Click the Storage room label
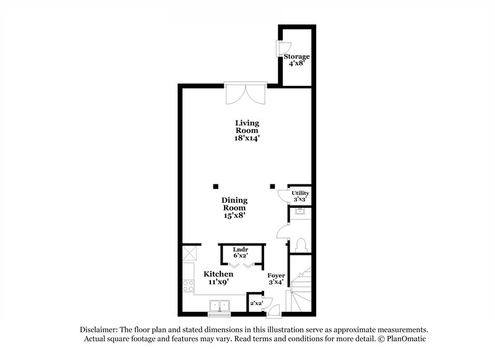296,57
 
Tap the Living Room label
247,127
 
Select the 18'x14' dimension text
247,139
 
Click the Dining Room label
235,204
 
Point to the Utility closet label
300,194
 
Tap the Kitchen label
218,274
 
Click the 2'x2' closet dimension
256,304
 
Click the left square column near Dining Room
215,185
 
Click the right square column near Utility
272,185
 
